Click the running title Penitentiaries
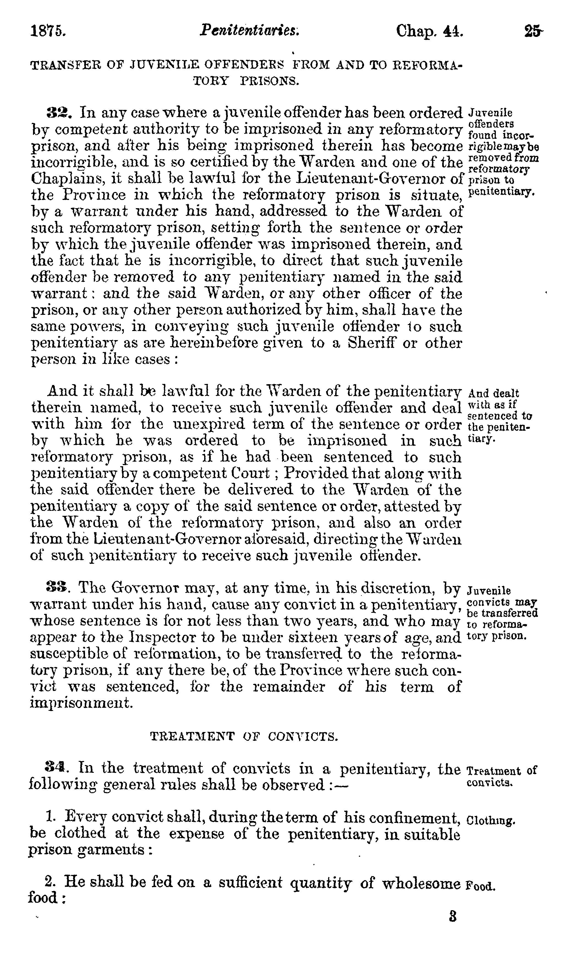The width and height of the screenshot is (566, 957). pos(250,30)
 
